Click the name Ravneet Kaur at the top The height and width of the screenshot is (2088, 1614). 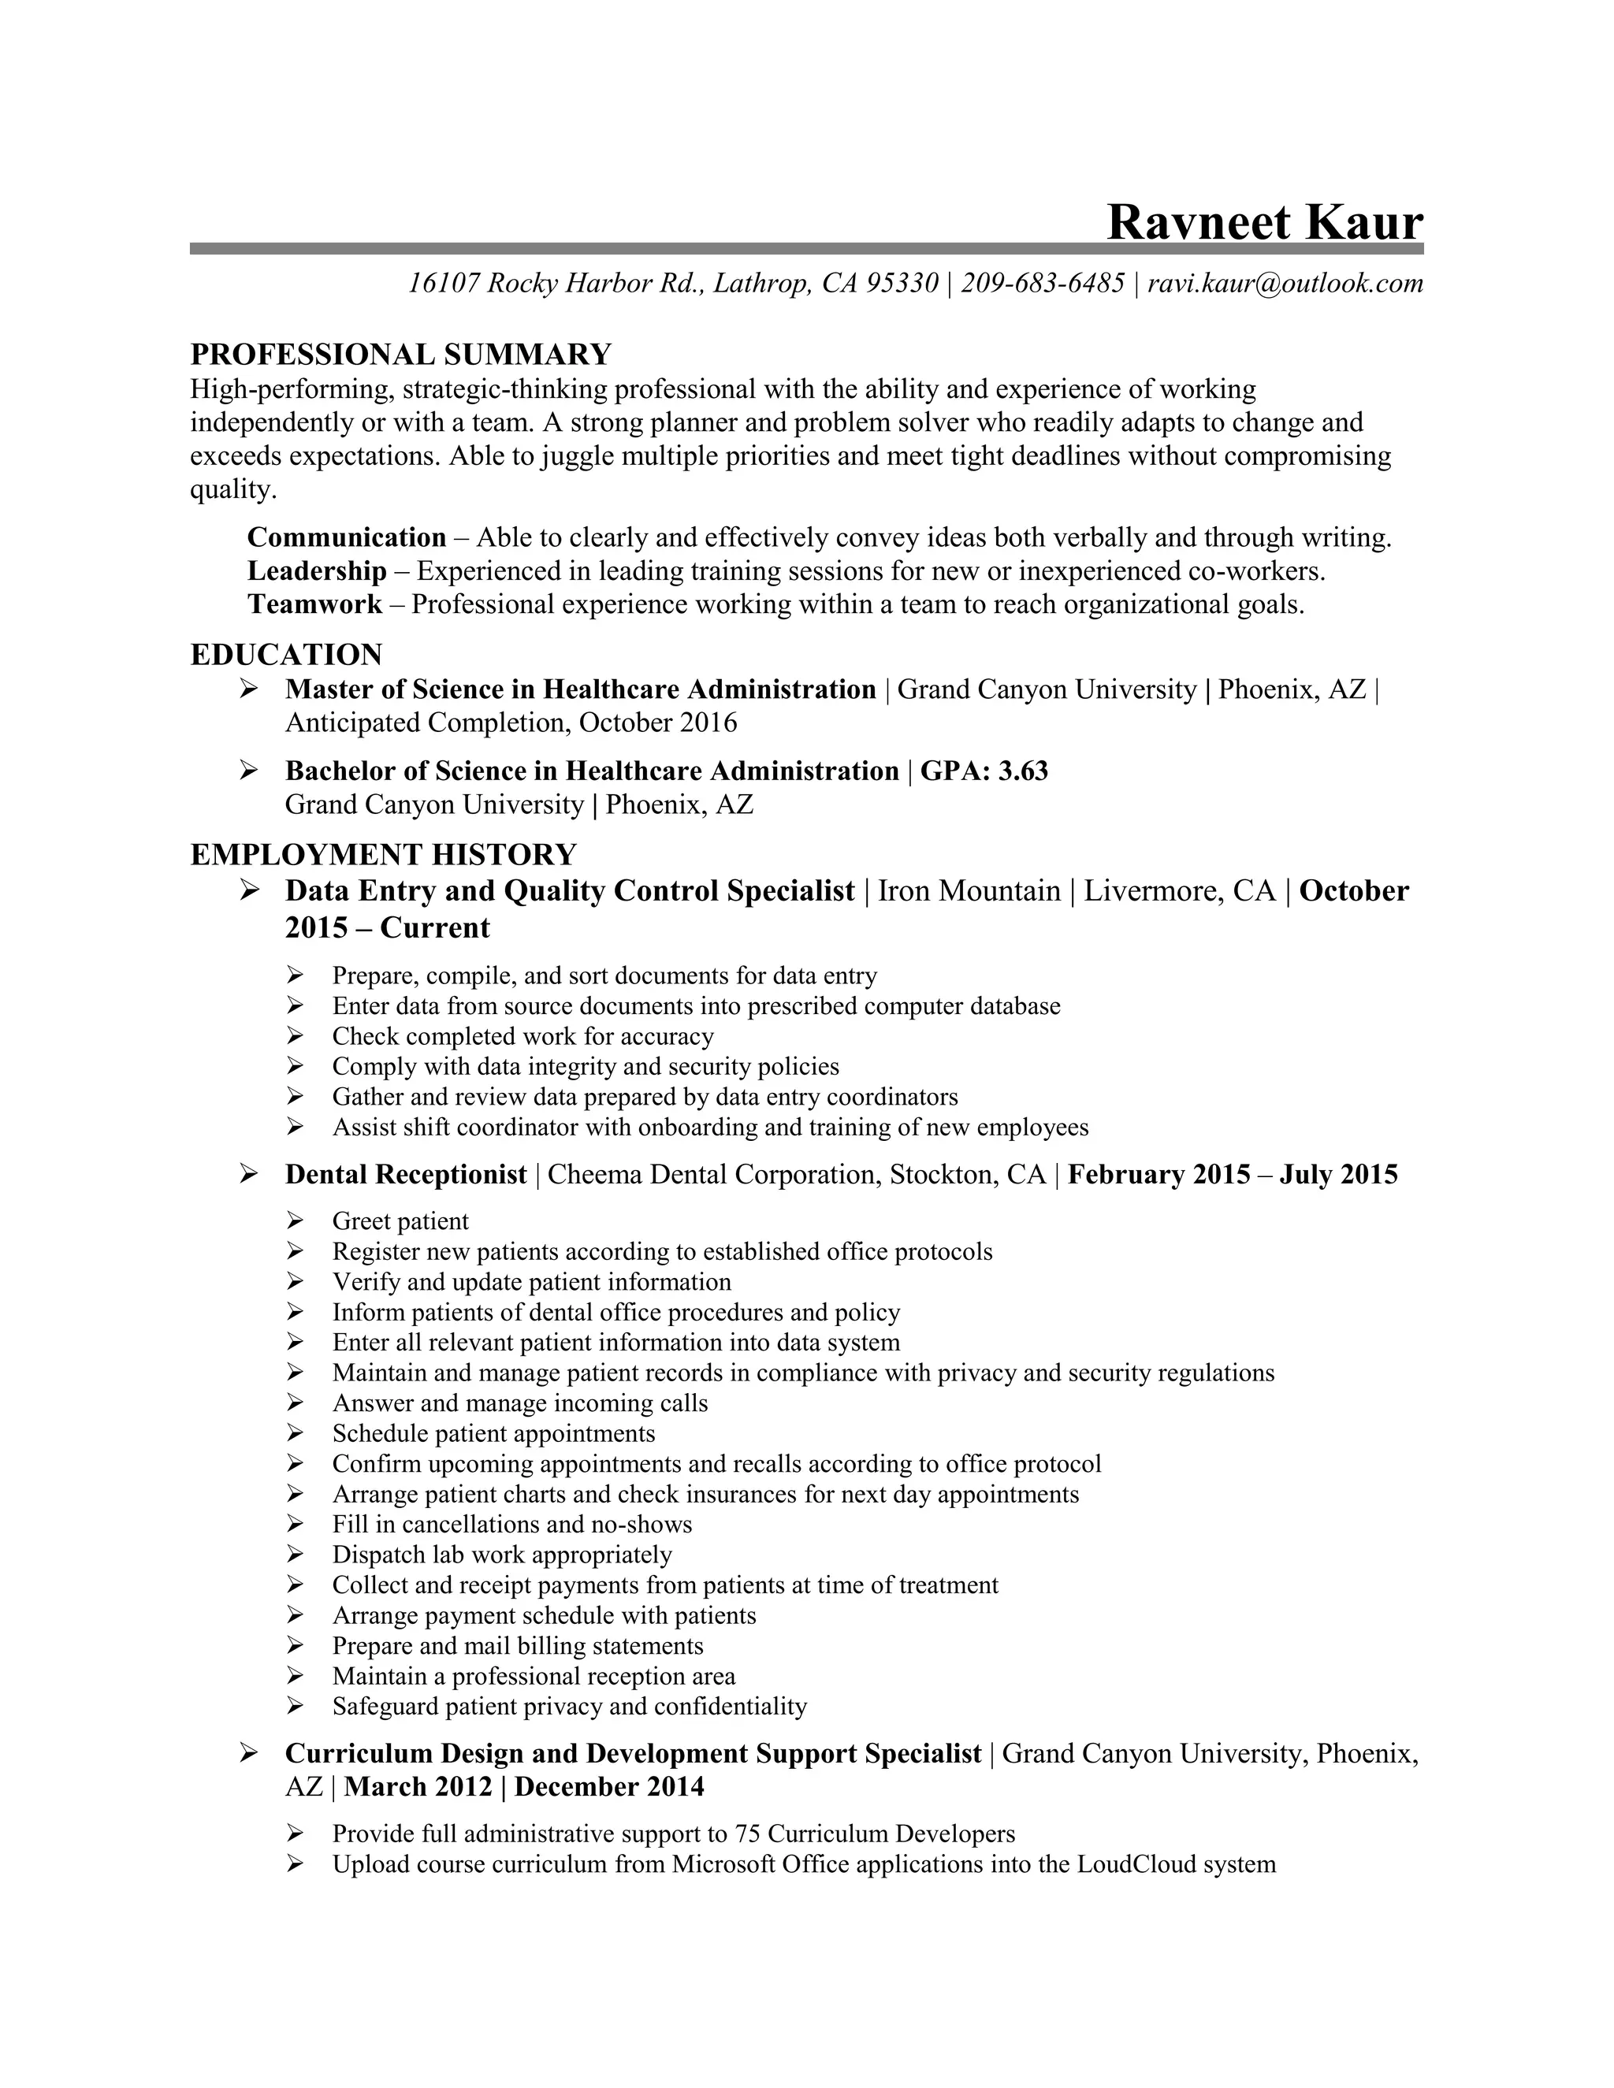pos(1264,222)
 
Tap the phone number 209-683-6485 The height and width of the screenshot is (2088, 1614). pos(1042,283)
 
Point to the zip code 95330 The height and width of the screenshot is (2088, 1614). pos(902,283)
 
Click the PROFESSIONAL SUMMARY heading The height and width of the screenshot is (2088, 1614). pos(400,355)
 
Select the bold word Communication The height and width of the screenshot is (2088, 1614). pos(346,537)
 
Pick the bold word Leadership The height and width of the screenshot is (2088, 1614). pos(317,570)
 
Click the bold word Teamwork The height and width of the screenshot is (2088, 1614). pos(314,604)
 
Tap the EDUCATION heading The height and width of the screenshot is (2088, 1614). pos(286,655)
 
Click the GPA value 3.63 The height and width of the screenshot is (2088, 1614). pos(1023,771)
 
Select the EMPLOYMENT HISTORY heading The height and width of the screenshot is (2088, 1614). pos(384,855)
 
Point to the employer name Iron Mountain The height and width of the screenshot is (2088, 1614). pos(969,891)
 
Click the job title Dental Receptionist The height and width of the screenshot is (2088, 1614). pos(405,1174)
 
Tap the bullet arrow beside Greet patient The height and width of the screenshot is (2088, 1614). pos(295,1220)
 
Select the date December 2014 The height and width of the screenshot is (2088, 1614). pos(609,1786)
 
